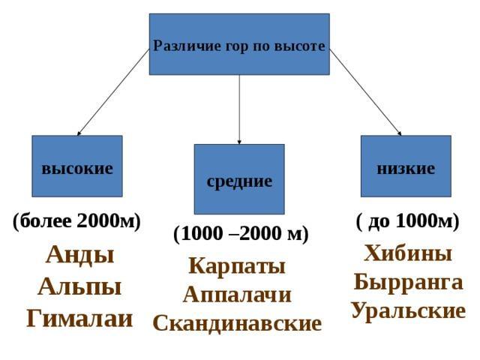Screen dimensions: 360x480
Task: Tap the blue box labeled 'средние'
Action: tap(239, 180)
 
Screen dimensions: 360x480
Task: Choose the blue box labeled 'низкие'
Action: tap(406, 166)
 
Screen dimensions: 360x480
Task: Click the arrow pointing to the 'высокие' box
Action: tap(112, 93)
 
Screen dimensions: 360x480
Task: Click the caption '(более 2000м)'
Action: tap(76, 221)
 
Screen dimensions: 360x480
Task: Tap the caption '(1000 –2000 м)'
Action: tap(240, 234)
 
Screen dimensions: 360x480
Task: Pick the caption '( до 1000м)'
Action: tap(407, 221)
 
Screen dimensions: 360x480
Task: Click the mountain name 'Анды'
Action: tap(79, 255)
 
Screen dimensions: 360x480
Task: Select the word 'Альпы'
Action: tap(79, 287)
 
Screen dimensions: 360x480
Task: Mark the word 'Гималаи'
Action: tap(79, 319)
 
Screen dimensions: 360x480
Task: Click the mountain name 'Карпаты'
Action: tap(237, 266)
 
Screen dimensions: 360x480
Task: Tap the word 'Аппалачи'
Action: tap(237, 295)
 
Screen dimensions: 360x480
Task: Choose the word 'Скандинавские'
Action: tap(237, 323)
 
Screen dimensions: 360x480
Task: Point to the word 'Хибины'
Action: tap(408, 254)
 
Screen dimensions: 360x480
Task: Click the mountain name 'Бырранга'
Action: tap(408, 283)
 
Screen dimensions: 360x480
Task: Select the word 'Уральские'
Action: tap(408, 310)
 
